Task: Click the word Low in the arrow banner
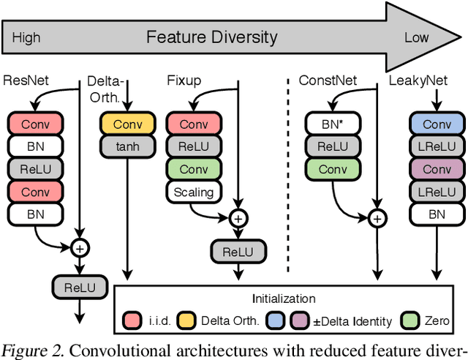[x=416, y=37]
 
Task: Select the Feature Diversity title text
[x=212, y=37]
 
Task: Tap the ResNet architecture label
[x=26, y=80]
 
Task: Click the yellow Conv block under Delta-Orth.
[x=127, y=124]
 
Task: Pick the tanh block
[x=127, y=146]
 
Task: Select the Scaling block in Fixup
[x=194, y=192]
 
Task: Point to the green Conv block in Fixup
[x=194, y=169]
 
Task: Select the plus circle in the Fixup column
[x=238, y=217]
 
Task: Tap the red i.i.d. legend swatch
[x=132, y=320]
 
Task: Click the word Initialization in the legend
[x=284, y=299]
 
